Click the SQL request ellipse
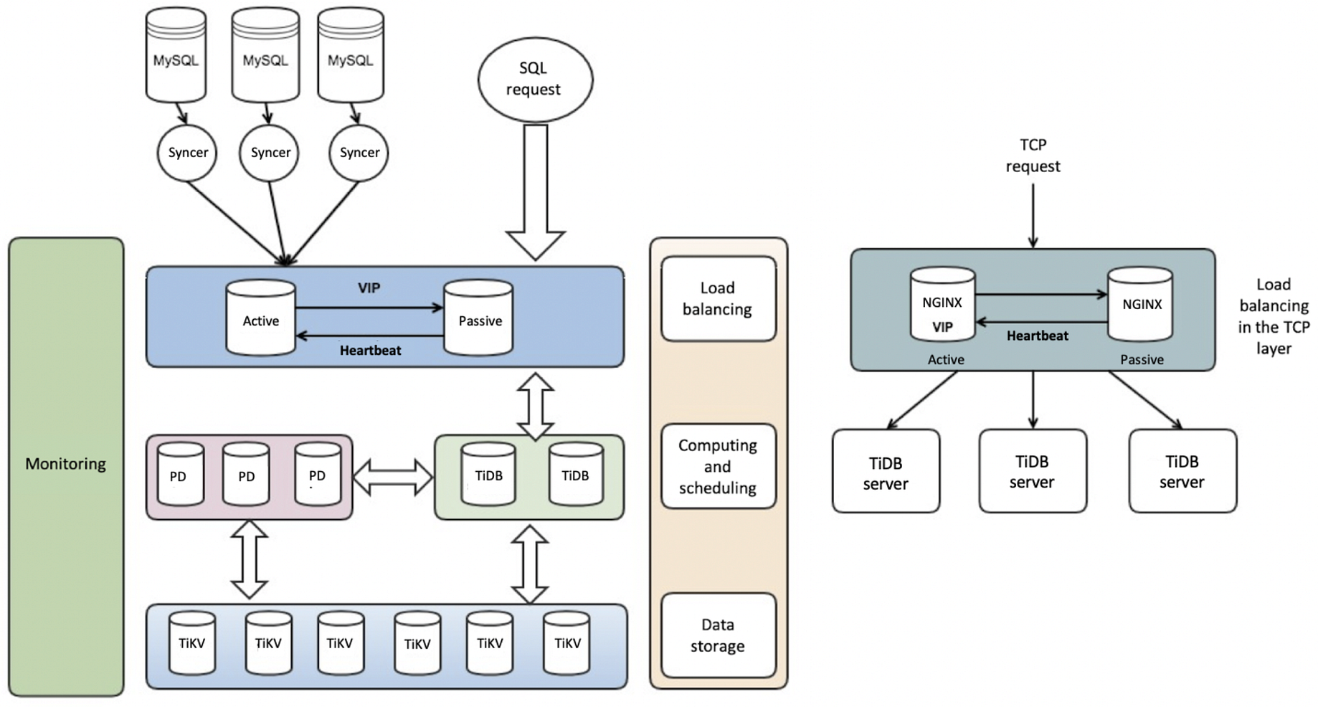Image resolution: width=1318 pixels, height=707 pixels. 535,79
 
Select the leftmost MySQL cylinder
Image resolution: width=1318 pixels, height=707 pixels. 176,56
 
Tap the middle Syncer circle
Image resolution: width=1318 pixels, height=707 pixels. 270,153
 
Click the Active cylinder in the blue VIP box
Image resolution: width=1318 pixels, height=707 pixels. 260,318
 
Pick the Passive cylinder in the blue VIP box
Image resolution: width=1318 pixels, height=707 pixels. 478,318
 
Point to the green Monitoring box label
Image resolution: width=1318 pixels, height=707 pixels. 65,464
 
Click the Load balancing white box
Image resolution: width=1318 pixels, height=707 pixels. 718,298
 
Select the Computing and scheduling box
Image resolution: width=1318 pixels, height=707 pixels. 718,466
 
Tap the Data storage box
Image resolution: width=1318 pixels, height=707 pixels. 718,635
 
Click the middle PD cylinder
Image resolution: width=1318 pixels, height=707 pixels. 246,474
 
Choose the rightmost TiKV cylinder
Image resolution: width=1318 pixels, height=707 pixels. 566,642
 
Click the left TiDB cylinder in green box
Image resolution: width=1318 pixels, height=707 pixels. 488,474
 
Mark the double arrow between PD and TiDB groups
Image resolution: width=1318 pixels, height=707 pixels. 393,478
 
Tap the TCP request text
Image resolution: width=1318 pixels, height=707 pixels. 1033,156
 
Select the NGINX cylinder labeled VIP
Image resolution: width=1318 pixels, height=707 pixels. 942,305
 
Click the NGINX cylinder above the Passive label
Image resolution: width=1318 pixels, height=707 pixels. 1140,304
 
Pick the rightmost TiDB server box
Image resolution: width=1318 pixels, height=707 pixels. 1182,471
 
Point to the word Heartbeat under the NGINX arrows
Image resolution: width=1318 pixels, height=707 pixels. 1037,336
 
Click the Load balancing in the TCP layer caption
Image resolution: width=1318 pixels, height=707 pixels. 1274,316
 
